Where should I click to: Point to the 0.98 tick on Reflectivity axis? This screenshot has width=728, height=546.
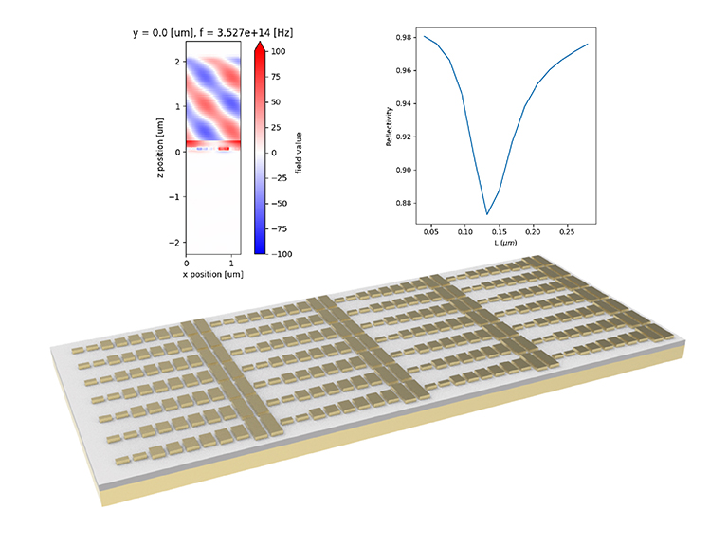click(400, 38)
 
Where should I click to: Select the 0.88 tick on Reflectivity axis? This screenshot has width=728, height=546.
click(400, 203)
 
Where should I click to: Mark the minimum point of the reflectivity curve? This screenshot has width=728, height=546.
click(487, 214)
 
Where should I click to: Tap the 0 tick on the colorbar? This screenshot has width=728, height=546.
click(278, 152)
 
